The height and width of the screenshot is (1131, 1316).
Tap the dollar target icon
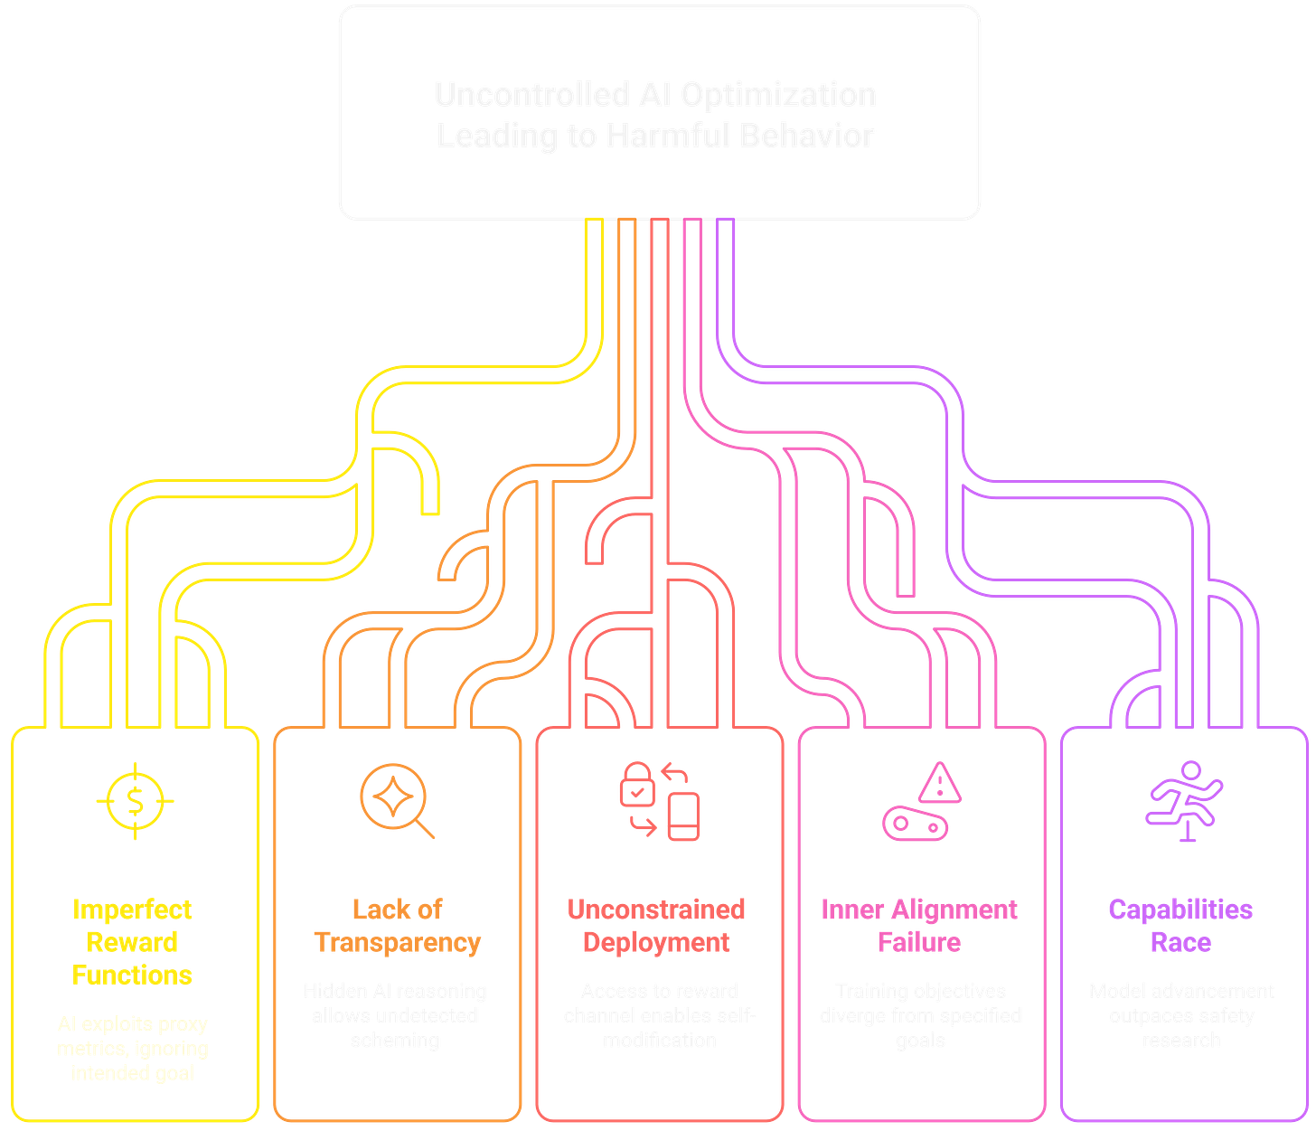coord(135,800)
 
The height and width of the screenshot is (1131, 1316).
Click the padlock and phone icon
coord(659,800)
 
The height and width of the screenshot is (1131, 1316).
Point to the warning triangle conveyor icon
coord(921,800)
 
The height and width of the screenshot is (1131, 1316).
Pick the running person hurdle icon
coord(1183,800)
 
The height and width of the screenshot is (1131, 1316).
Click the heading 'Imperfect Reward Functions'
coord(133,941)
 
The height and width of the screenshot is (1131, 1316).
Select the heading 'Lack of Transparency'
coord(397,925)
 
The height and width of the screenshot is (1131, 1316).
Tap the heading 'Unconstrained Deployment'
coord(657,925)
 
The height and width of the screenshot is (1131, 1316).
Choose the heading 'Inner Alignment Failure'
coord(919,925)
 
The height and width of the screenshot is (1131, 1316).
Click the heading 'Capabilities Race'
coord(1180,925)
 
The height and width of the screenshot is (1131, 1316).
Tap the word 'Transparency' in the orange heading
coord(398,942)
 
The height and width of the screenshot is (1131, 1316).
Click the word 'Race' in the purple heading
coord(1180,942)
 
